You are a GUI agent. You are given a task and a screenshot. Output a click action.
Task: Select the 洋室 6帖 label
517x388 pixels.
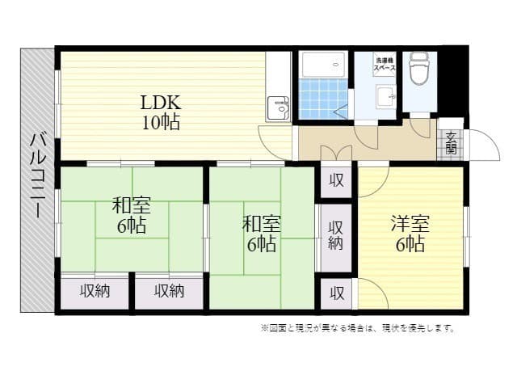click(409, 234)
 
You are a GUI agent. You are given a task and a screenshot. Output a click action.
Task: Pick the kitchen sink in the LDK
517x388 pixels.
click(280, 108)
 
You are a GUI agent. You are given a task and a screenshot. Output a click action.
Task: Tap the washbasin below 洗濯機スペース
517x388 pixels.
click(384, 95)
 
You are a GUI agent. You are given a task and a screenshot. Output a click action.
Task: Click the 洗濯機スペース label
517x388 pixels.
click(384, 63)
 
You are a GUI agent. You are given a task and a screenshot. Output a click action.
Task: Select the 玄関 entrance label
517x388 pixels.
click(450, 142)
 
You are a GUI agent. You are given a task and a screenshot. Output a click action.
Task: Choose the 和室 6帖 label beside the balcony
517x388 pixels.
click(131, 214)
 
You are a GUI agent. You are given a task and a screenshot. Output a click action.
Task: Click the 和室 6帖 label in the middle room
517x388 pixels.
click(262, 233)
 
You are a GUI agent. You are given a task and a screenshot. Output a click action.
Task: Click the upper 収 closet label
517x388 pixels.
click(335, 181)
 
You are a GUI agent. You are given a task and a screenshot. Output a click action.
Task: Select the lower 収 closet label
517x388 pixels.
click(335, 292)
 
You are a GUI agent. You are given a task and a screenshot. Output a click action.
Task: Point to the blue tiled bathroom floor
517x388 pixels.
click(322, 100)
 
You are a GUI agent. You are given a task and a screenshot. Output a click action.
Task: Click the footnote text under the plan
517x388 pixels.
click(358, 328)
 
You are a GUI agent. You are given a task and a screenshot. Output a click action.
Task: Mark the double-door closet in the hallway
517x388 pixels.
click(335, 152)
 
